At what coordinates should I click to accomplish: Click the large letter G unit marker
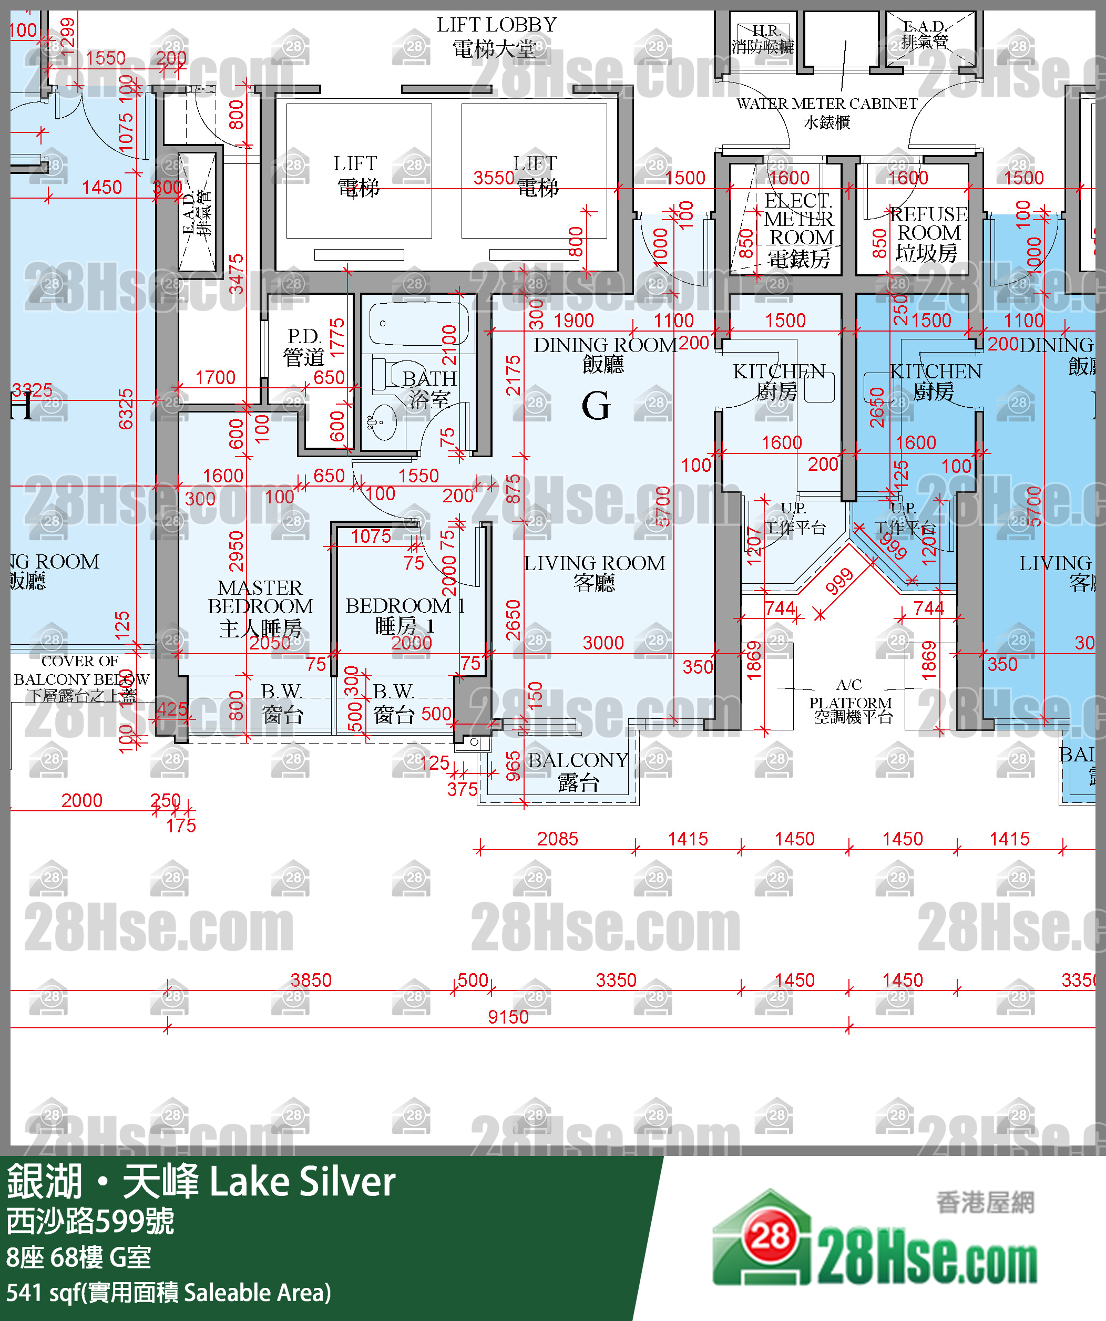[595, 406]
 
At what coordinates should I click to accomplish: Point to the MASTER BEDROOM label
[260, 607]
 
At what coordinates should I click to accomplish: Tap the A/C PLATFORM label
[851, 701]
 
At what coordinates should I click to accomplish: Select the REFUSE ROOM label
[928, 233]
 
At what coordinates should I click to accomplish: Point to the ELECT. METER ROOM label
[798, 230]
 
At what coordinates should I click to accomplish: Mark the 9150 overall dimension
[508, 1017]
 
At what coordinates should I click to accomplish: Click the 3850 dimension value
[311, 979]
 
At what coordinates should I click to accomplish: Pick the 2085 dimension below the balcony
[557, 839]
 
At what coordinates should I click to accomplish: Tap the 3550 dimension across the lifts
[494, 178]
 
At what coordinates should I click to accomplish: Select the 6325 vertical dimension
[126, 409]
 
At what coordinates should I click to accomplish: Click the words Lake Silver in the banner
[302, 1181]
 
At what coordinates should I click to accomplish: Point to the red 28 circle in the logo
[770, 1237]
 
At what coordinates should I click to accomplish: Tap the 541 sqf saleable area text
[169, 1292]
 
